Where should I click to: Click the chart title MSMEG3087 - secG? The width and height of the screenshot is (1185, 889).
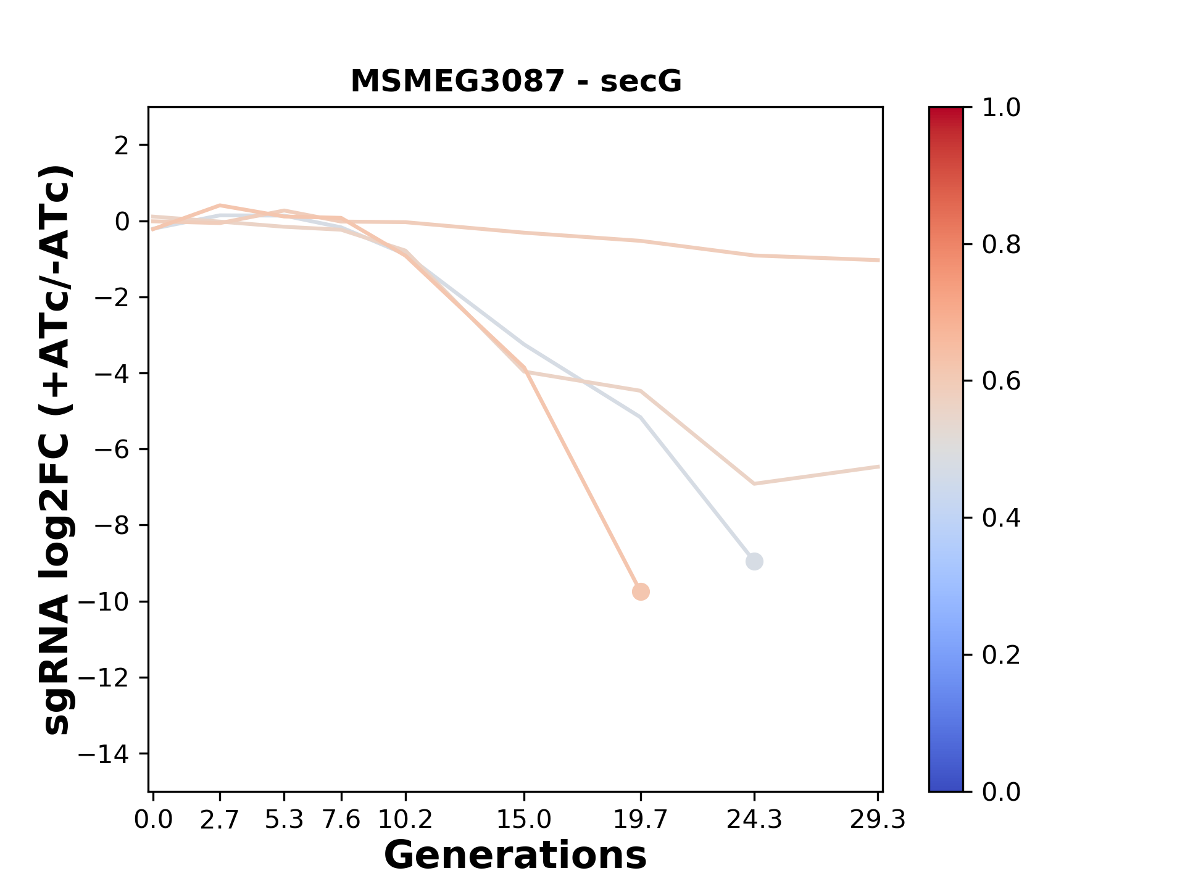click(x=516, y=81)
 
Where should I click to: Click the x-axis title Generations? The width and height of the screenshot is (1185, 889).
click(x=515, y=856)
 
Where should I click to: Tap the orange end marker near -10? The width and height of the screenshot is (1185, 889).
click(x=641, y=591)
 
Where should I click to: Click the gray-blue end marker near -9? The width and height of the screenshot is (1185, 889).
click(x=754, y=561)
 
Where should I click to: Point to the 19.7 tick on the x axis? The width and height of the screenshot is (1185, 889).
click(x=641, y=820)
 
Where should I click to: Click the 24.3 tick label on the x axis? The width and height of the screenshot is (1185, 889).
click(x=754, y=820)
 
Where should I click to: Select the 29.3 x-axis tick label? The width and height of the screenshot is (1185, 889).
click(x=878, y=820)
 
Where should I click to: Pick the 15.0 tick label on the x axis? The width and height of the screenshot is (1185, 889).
click(x=524, y=820)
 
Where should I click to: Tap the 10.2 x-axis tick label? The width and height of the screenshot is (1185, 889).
click(x=405, y=820)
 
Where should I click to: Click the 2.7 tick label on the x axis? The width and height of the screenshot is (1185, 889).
click(x=220, y=820)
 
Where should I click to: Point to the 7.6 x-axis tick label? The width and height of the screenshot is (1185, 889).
click(x=341, y=820)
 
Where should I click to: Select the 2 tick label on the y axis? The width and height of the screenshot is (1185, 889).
click(x=122, y=146)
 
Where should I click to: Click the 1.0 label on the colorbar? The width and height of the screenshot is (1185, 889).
click(x=1001, y=108)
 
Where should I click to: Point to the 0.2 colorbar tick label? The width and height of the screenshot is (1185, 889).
click(x=1001, y=655)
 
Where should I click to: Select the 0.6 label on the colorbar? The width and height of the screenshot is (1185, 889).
click(x=1001, y=382)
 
